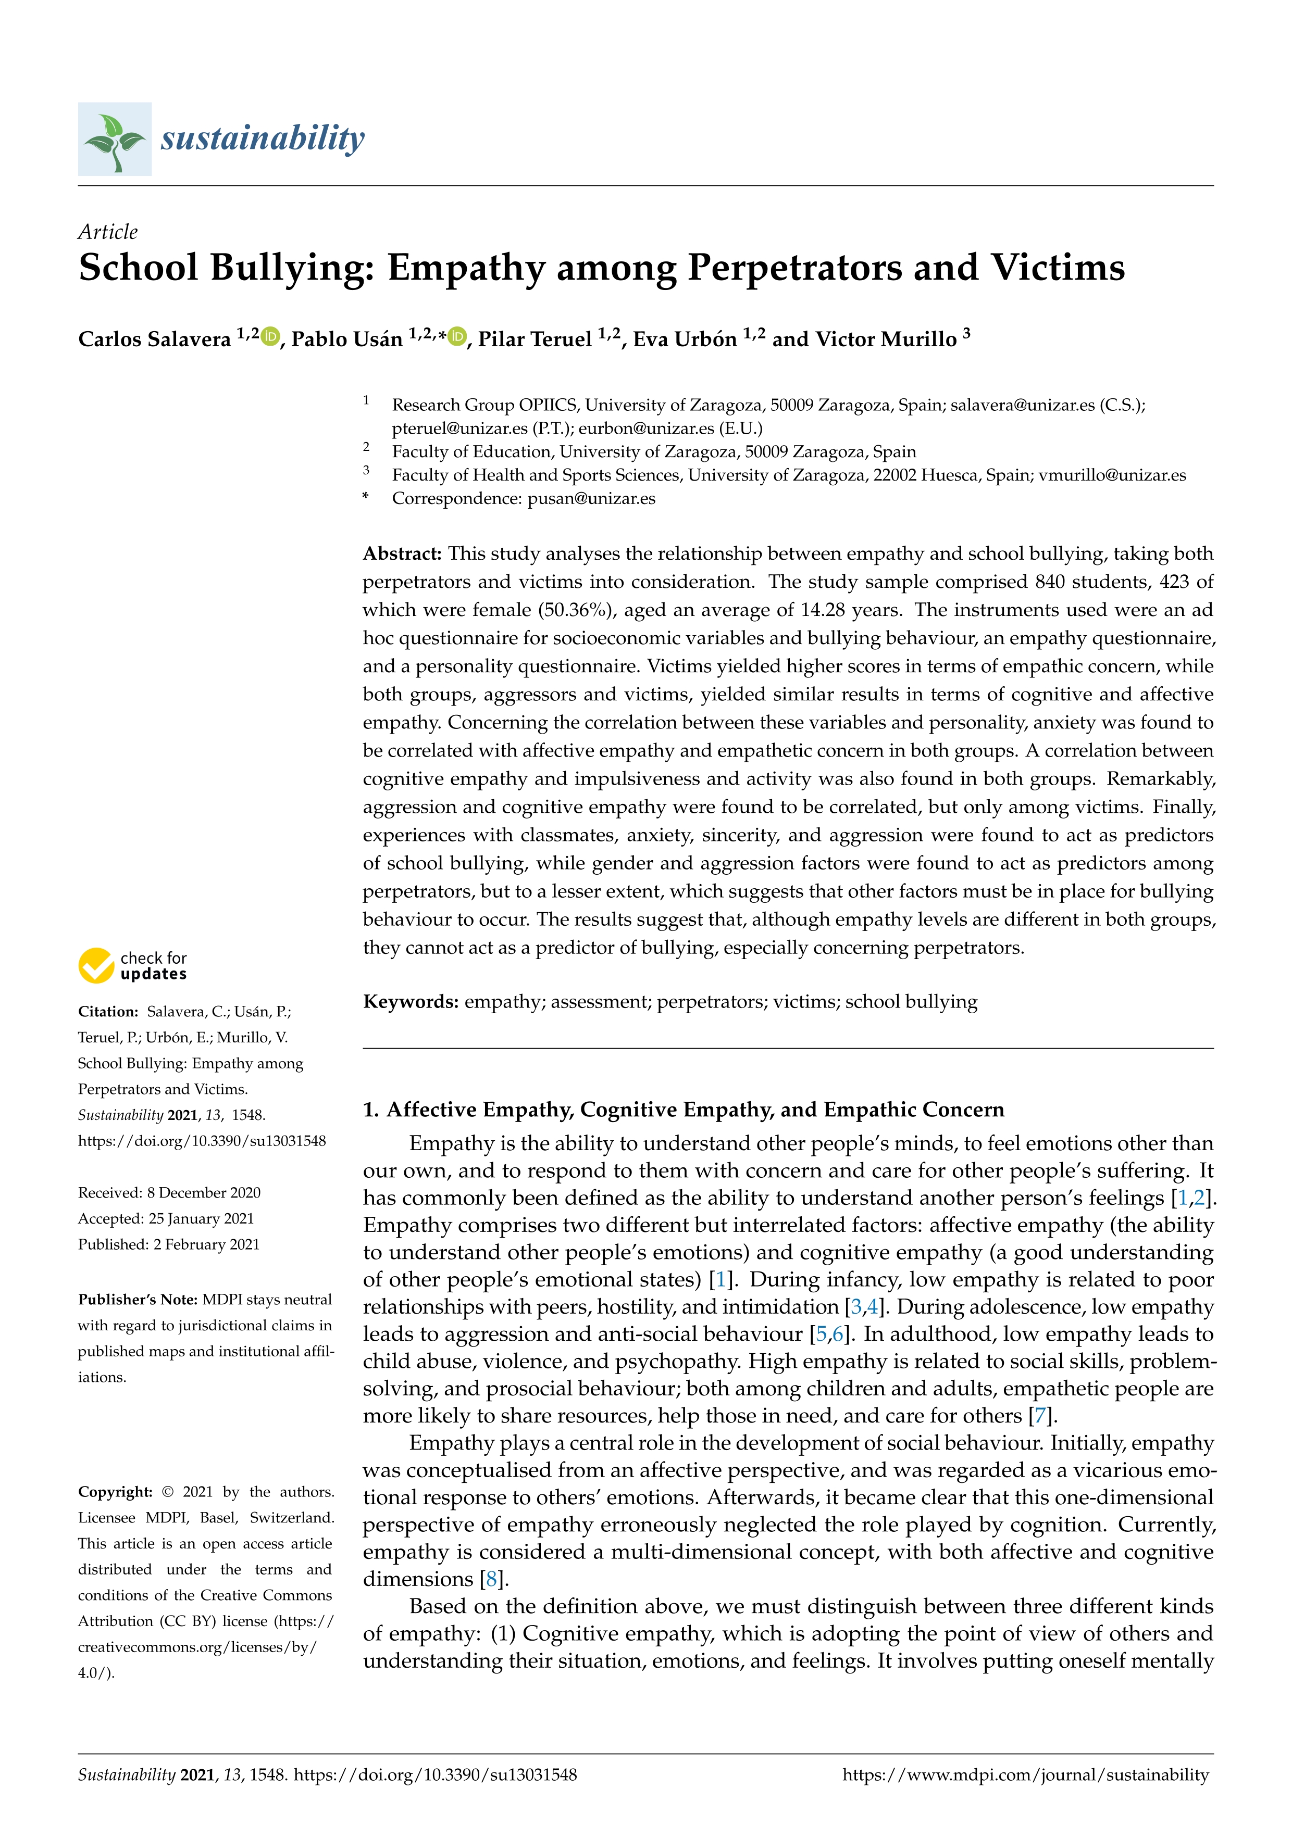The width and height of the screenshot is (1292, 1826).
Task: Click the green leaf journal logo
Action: coord(115,139)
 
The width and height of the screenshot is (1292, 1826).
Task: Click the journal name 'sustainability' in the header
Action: coord(263,138)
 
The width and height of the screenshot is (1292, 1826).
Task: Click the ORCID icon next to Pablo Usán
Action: coord(457,337)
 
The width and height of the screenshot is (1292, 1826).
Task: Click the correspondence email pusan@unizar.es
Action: coord(591,499)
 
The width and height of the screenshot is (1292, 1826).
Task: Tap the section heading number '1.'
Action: coord(370,1110)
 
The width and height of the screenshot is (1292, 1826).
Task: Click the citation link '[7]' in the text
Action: coord(1040,1416)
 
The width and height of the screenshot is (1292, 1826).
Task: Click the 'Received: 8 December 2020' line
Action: coord(169,1192)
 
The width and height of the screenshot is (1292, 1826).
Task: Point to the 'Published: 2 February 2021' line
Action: coord(169,1244)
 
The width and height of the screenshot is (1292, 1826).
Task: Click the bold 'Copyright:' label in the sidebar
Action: coord(115,1492)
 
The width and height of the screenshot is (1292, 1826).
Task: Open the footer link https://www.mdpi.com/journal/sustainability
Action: coord(1025,1775)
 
